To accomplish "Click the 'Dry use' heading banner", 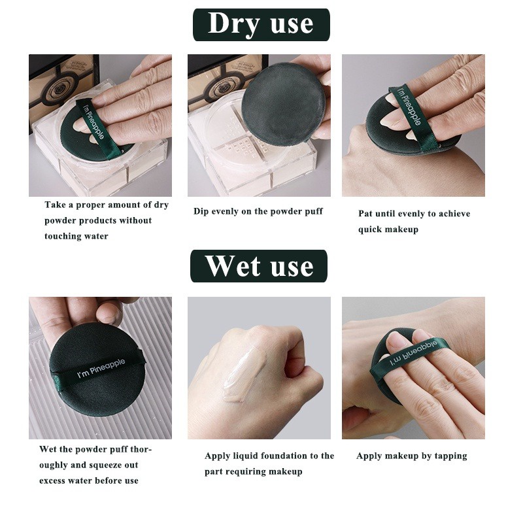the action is click(261, 25).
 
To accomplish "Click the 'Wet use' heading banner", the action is click(259, 266).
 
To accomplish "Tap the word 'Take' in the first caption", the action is click(54, 205).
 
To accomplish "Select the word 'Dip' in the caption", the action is click(201, 211).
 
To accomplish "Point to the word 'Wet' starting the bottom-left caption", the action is click(48, 449).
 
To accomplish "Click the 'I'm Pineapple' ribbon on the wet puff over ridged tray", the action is click(101, 368).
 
